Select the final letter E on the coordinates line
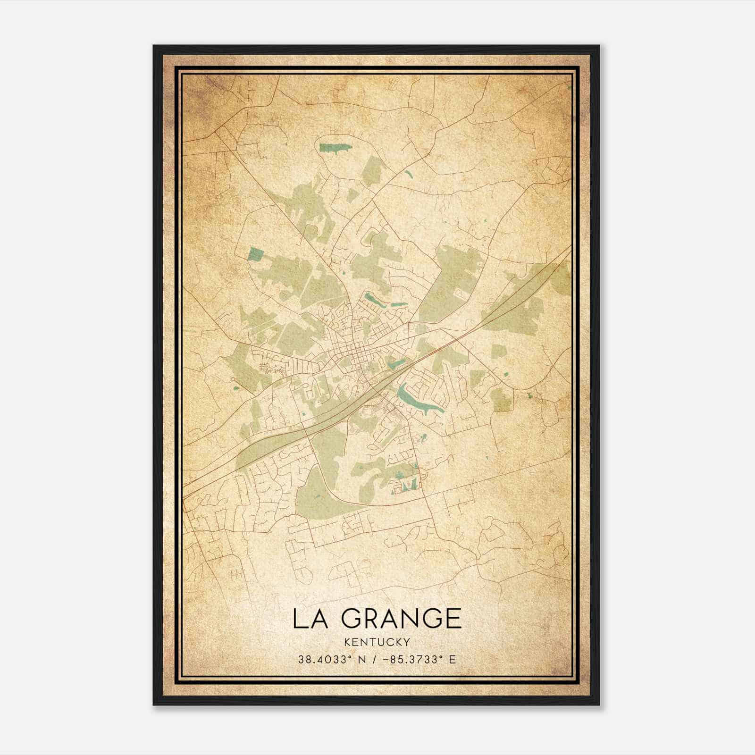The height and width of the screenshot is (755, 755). click(453, 660)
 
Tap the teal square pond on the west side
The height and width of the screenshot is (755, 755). click(255, 254)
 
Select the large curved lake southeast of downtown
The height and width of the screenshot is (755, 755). click(415, 399)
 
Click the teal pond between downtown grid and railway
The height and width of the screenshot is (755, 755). click(396, 363)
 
